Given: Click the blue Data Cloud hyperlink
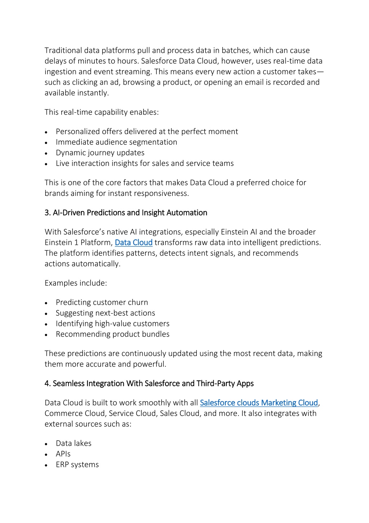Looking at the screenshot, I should [133, 243].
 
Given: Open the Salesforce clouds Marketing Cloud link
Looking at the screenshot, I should [259, 403].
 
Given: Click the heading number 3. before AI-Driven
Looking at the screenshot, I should [48, 213].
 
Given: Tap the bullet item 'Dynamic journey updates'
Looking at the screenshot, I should [100, 153].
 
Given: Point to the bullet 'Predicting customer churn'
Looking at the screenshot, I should [102, 303].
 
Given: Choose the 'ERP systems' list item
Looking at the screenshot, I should [77, 465].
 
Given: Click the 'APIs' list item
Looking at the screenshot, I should [63, 454].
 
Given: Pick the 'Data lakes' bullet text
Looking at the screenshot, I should [74, 443].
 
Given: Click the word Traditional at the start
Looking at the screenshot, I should [63, 51].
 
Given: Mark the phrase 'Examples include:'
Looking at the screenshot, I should [76, 283].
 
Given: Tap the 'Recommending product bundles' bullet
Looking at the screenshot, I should [113, 334].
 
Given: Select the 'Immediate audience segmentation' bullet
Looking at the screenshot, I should [117, 142].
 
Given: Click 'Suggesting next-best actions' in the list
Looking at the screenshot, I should [105, 313].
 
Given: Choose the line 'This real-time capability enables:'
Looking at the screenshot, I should [102, 112].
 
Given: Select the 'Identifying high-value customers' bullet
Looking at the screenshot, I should [113, 324].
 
